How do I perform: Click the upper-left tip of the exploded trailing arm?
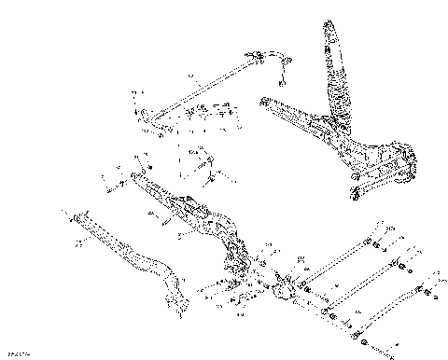coord(136,177)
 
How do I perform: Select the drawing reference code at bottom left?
coord(17,353)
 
